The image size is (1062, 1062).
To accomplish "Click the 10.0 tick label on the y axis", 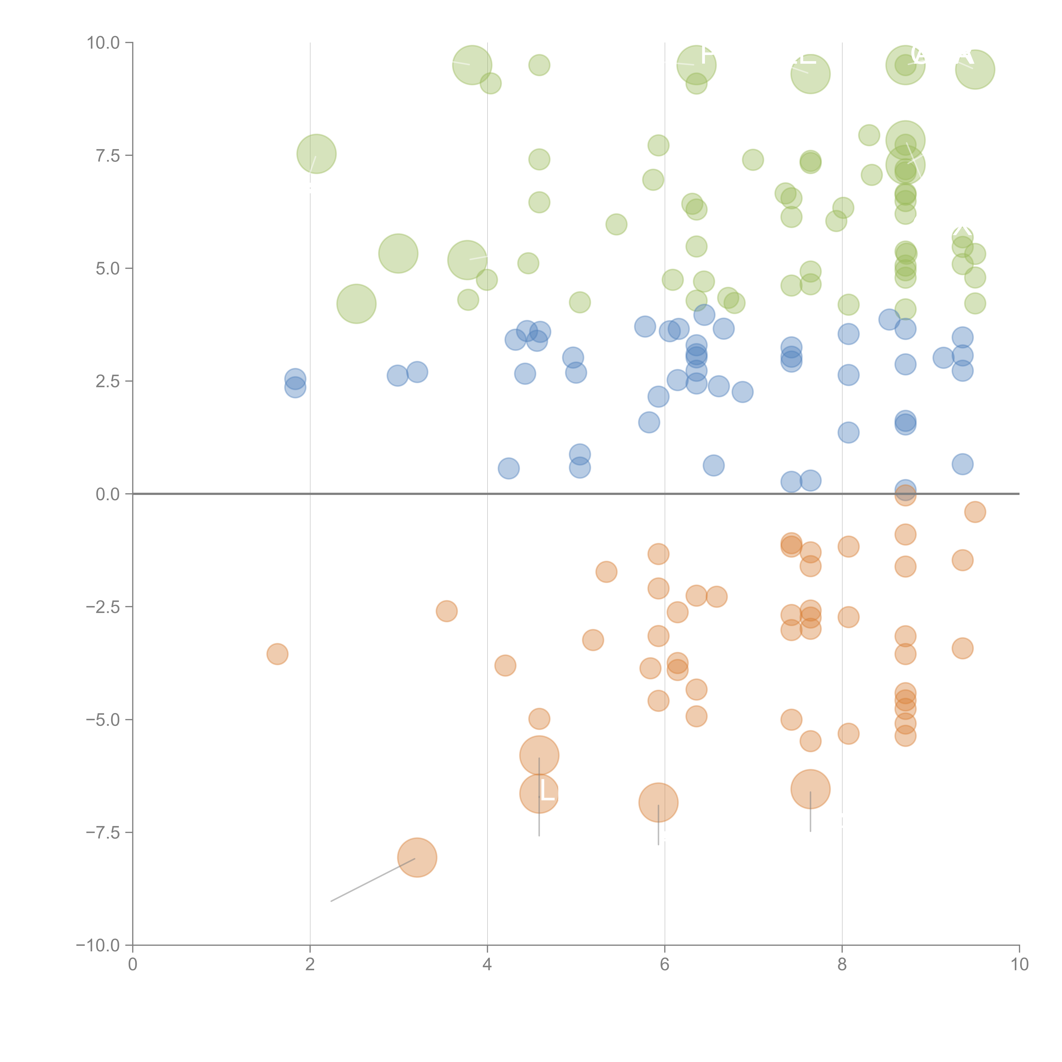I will click(x=103, y=43).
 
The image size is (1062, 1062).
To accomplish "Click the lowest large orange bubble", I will click(x=417, y=857).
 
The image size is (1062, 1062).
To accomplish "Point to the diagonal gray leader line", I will click(x=374, y=880).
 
